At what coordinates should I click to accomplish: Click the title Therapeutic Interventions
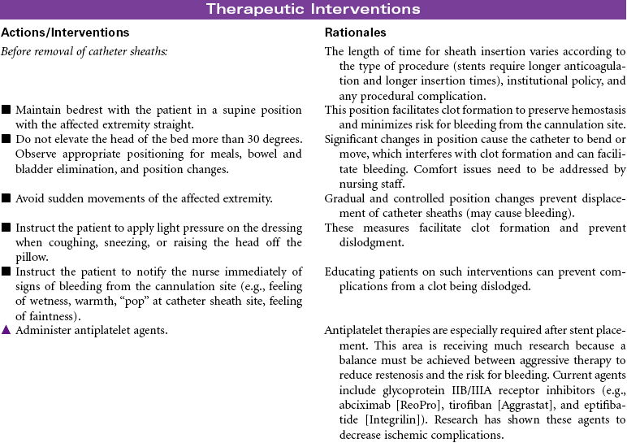[313, 9]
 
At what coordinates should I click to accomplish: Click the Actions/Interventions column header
[65, 33]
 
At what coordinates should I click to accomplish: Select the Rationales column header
[355, 33]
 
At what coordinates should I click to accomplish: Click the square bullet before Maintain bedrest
[6, 110]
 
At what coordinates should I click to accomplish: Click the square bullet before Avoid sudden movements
[6, 198]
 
